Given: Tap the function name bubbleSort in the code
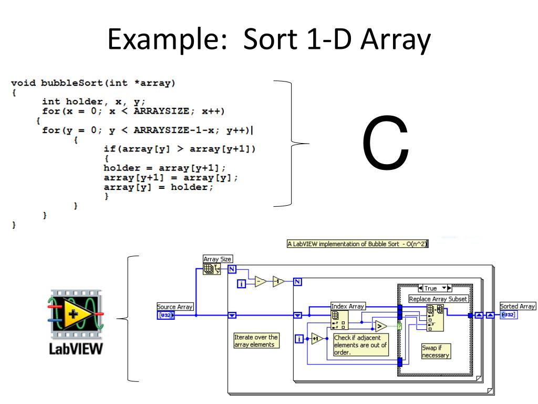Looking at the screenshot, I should coord(77,83).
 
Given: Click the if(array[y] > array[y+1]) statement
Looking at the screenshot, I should coord(180,149).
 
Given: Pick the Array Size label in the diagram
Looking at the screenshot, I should coord(218,259).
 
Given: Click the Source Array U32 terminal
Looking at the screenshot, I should coord(166,315).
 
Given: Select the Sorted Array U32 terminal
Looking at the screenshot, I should coord(508,315).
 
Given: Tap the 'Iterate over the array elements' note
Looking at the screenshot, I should coord(256,340).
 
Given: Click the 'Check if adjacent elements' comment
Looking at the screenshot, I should coord(360,345).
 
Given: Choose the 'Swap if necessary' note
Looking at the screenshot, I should coord(436,351).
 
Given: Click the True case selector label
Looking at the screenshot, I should coord(431,288).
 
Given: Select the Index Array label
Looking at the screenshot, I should coord(348,306).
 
